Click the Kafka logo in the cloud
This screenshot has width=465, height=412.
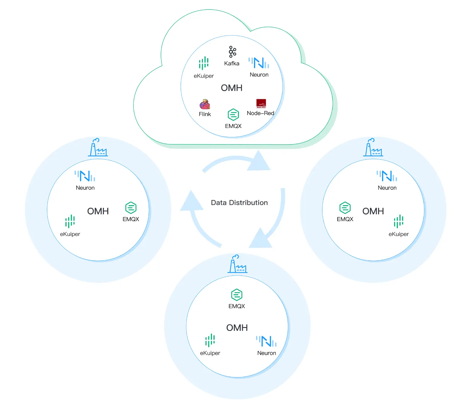click(x=232, y=52)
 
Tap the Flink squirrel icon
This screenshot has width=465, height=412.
click(x=205, y=104)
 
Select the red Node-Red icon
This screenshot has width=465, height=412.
click(x=261, y=103)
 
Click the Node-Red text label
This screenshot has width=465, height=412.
click(x=260, y=113)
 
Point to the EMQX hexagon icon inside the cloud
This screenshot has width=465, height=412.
click(x=233, y=115)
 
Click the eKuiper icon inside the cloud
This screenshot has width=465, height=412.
click(x=204, y=63)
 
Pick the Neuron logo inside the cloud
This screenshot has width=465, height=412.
click(x=259, y=63)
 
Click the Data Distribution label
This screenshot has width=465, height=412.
click(x=239, y=203)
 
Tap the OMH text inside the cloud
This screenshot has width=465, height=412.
click(x=232, y=88)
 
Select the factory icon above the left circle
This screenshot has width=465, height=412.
click(x=98, y=148)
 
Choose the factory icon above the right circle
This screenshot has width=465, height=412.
click(x=373, y=148)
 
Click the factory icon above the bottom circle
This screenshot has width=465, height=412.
click(x=237, y=264)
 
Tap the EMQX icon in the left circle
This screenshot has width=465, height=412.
click(x=131, y=208)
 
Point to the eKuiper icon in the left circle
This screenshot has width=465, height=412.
click(x=70, y=221)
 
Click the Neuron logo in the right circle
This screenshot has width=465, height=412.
click(x=387, y=176)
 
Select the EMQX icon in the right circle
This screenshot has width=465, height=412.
click(x=345, y=208)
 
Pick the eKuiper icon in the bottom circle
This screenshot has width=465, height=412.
click(x=210, y=340)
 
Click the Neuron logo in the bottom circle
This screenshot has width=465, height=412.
click(x=266, y=341)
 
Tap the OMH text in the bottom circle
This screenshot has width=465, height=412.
click(x=237, y=328)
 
